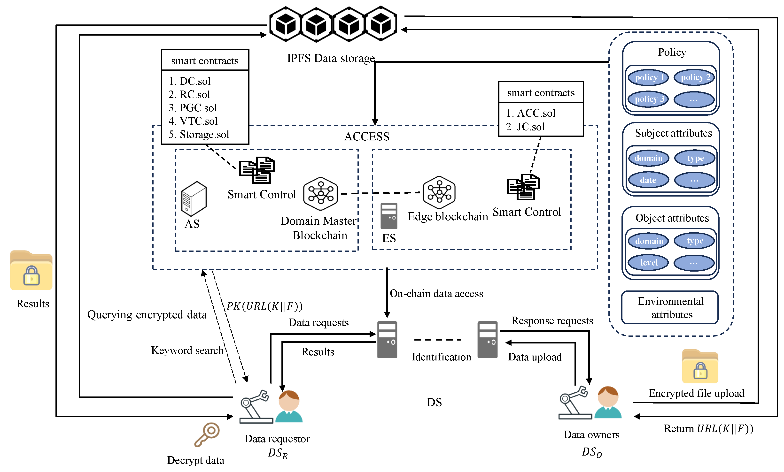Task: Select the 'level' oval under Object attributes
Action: tap(648, 263)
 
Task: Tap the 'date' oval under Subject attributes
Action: tap(648, 180)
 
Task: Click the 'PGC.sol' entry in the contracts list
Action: tap(198, 108)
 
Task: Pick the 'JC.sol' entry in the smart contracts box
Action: tap(530, 127)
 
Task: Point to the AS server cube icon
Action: tap(194, 198)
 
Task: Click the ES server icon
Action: tap(389, 216)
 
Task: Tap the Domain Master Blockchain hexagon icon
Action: tap(320, 194)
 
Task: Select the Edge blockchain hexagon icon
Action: tap(439, 192)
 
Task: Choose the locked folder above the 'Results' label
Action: tap(31, 271)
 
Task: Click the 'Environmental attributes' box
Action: tap(670, 308)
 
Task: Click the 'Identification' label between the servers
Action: tap(441, 357)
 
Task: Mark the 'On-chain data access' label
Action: tap(436, 294)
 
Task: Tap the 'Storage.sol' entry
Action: tap(204, 135)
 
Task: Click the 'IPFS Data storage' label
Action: tap(331, 59)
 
